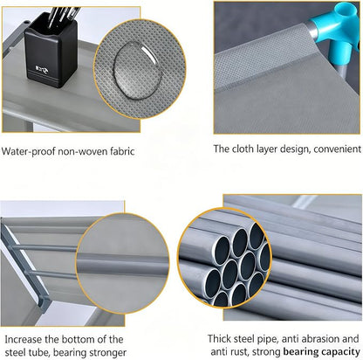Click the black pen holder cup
coord(51,50)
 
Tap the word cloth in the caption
coord(243,149)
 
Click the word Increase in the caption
coord(24,339)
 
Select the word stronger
coord(108,352)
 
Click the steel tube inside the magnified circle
coord(122,262)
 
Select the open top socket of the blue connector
coord(345,10)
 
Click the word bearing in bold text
coord(301,352)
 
